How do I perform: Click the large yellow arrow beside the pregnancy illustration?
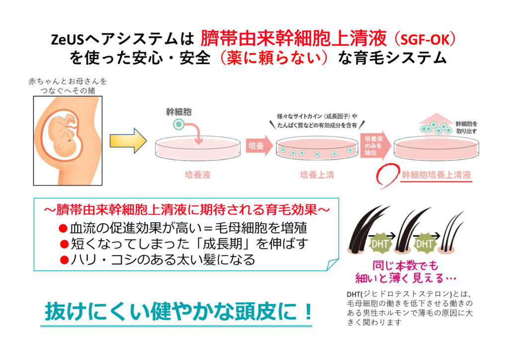[127, 141]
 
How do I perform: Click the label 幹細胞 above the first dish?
[178, 112]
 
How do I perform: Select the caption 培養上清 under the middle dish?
[317, 175]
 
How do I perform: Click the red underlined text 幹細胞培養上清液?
[436, 175]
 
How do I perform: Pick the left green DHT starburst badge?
[380, 244]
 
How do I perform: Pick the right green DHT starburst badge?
[424, 244]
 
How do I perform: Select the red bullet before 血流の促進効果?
[63, 228]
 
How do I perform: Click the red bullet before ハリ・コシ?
[63, 260]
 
